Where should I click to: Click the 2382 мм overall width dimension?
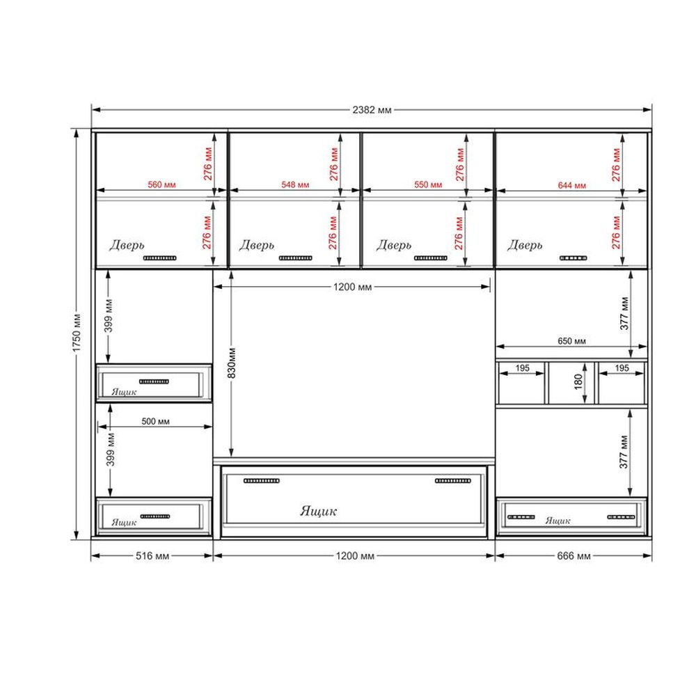coord(372,110)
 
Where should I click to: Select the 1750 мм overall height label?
coord(77,333)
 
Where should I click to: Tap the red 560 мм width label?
coord(161,184)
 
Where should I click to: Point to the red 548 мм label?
coord(295,184)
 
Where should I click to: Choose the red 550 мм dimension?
coord(428,184)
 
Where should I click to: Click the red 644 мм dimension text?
coord(571,185)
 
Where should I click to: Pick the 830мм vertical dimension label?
coord(232,363)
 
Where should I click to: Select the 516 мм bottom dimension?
coord(152,555)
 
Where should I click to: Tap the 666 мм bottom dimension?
coord(574,555)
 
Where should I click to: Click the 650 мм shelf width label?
coord(571,341)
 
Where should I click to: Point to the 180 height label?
coord(578,381)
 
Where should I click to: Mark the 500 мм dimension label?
coord(155,421)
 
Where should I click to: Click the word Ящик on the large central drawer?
coord(318,512)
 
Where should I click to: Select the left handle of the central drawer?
coord(262,481)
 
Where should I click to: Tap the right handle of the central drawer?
coord(453,481)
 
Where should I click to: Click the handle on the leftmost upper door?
coord(160,258)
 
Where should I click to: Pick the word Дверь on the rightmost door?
coord(525,245)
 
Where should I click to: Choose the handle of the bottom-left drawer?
coord(155,516)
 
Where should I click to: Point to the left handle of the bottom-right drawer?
coord(521,517)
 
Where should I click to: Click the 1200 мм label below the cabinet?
coord(355,555)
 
